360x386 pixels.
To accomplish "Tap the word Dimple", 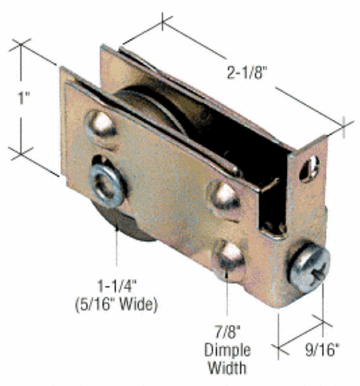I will pos(227,350).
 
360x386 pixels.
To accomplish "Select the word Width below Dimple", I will pos(227,367).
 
